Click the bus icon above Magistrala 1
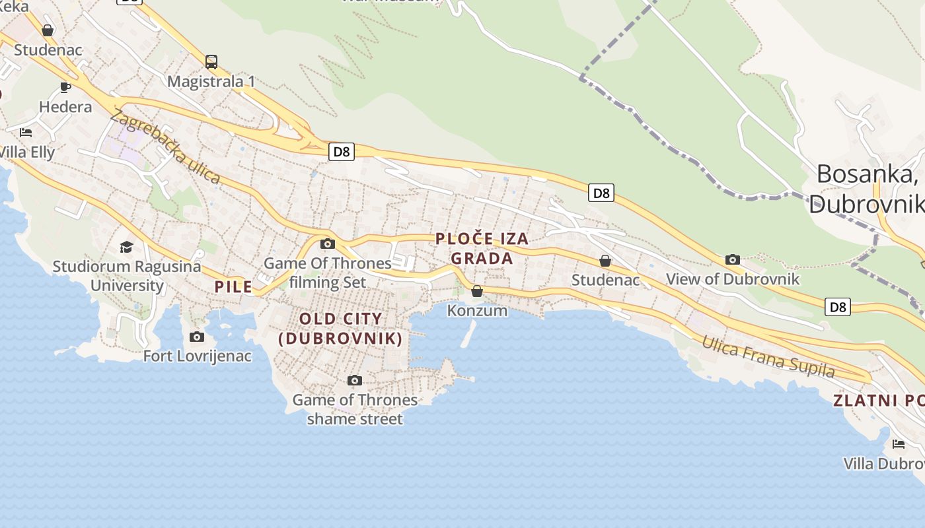211,62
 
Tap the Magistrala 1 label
211,82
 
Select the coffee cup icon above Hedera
65,87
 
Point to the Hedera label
65,107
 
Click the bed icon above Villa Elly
26,132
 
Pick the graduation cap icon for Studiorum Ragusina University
126,247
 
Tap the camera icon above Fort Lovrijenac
197,337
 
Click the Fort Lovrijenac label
198,356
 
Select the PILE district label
233,286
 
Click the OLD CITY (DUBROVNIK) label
340,329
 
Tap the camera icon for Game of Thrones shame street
355,380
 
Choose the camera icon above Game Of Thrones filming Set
327,244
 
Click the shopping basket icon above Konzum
477,291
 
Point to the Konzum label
477,310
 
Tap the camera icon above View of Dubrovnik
733,259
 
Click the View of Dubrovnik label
733,279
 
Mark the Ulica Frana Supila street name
768,356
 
